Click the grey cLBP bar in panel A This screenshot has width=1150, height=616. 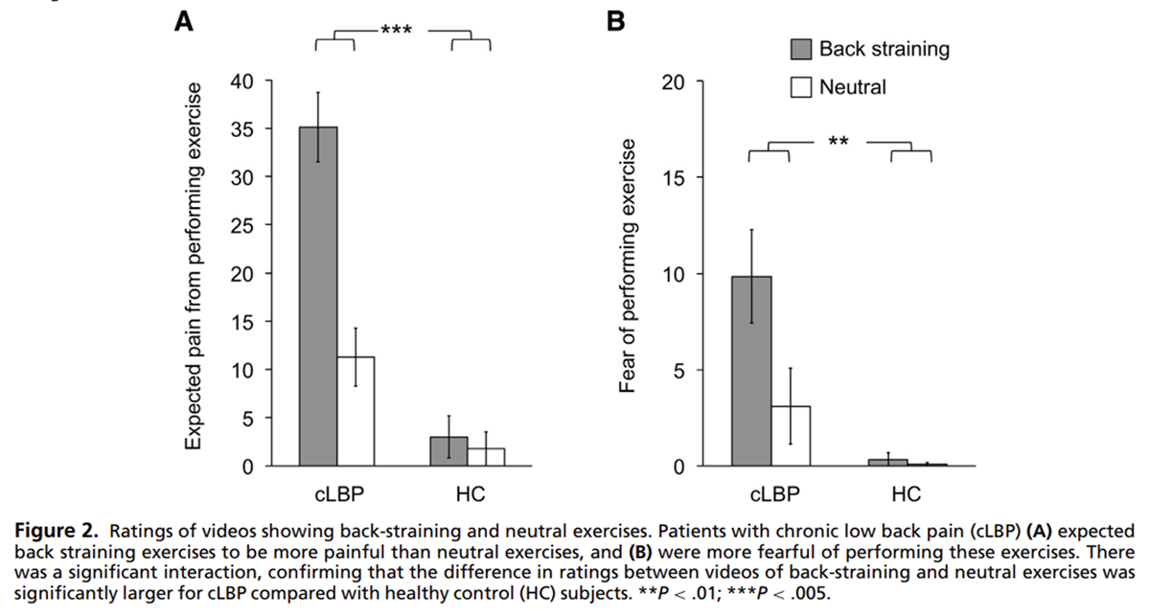pos(317,297)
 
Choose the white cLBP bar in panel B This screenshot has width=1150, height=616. pos(790,437)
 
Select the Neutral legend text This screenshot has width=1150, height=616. pos(852,87)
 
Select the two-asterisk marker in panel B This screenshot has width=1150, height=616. pos(839,143)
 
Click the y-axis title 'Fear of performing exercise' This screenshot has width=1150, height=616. pos(628,265)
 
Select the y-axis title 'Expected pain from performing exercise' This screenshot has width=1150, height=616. pos(194,265)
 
